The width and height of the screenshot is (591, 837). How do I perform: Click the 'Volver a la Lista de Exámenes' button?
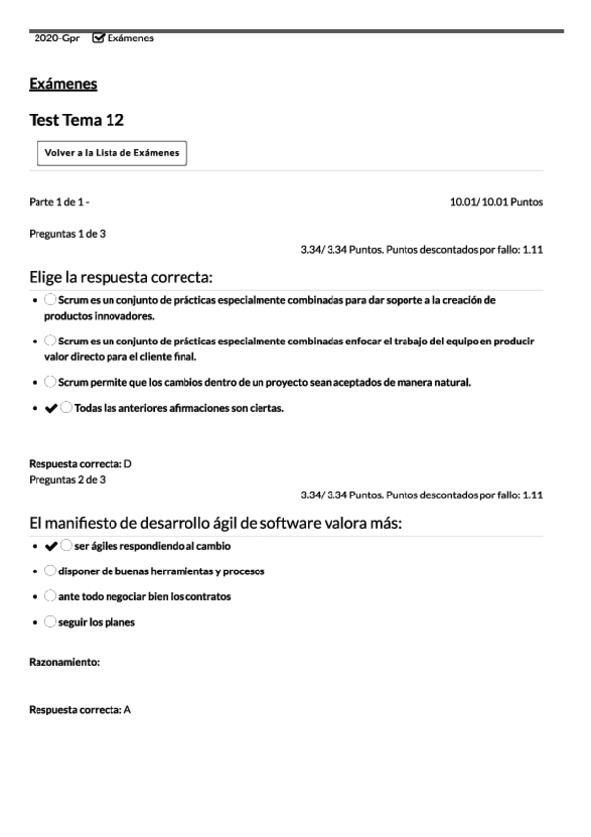111,153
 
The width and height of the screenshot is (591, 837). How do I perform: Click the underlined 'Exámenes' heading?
63,84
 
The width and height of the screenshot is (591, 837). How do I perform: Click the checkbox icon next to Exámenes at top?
98,38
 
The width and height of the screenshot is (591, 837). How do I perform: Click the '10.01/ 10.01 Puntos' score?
495,202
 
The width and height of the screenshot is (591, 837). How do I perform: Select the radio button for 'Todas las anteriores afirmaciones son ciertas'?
66,408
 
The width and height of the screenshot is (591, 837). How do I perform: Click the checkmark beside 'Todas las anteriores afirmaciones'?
51,408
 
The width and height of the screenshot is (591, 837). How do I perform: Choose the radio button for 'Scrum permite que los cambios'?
50,381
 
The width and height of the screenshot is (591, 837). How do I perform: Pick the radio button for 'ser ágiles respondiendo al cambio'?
66,545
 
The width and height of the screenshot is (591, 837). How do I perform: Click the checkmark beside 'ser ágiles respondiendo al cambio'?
51,545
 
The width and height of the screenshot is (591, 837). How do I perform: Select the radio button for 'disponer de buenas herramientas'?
50,571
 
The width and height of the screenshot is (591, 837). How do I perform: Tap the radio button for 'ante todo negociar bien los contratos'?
50,596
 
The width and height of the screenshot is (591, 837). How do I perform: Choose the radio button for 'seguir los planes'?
50,622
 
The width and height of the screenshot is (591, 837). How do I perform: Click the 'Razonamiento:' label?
64,663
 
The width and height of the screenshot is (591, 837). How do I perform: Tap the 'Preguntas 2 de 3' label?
67,479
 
